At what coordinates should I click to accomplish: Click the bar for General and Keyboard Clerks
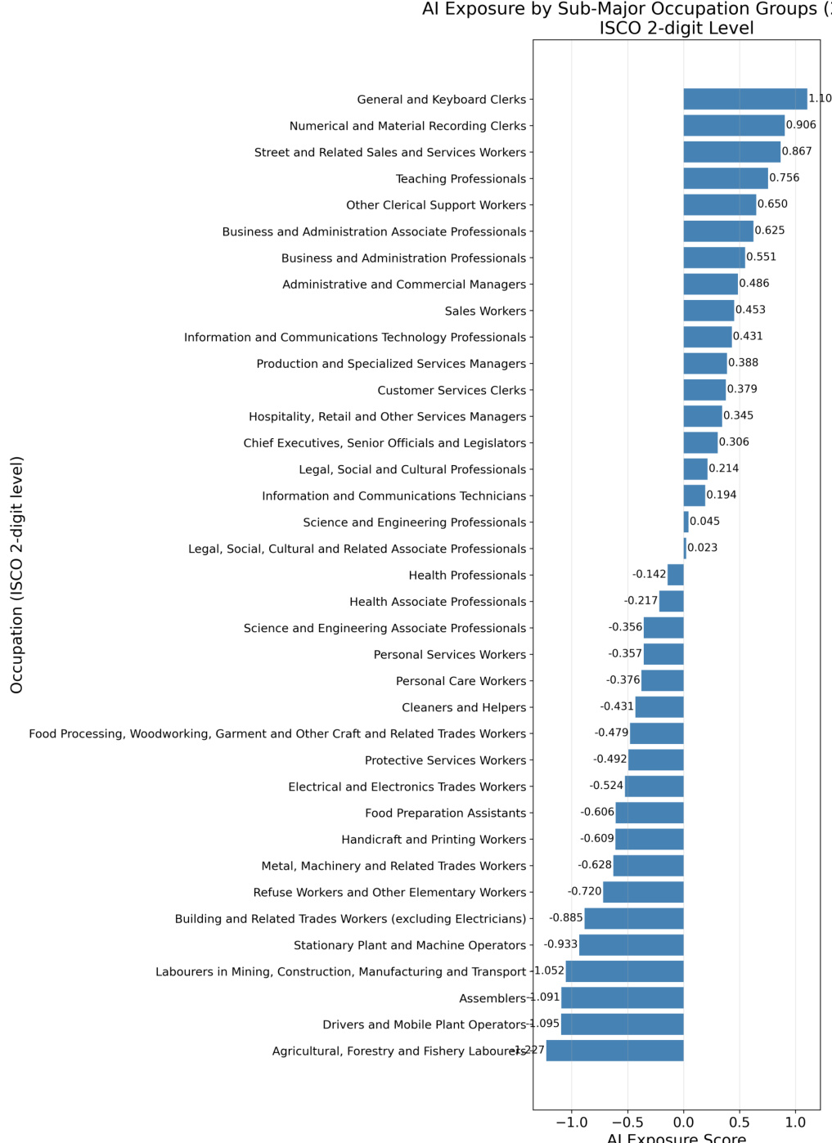click(x=744, y=99)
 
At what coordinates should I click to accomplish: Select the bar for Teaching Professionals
click(x=725, y=178)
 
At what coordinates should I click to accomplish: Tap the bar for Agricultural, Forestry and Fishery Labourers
click(x=614, y=1051)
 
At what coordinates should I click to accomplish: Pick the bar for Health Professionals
click(x=676, y=575)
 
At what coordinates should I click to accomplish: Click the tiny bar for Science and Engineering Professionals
click(x=686, y=522)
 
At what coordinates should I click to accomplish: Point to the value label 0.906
click(x=801, y=125)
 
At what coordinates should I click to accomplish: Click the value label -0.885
click(x=565, y=918)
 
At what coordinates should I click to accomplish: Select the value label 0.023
click(x=702, y=548)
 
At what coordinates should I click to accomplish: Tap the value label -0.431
click(x=617, y=706)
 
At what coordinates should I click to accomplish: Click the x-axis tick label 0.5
click(x=740, y=1123)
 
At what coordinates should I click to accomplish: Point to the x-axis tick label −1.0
click(x=571, y=1123)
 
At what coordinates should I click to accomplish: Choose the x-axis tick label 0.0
click(x=684, y=1123)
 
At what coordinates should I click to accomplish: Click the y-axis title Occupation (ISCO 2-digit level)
click(x=16, y=575)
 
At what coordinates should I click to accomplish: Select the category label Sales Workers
click(x=485, y=311)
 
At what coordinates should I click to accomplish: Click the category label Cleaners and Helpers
click(x=464, y=707)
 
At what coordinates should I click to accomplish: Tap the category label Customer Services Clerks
click(x=452, y=390)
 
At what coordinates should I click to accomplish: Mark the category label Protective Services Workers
click(x=445, y=760)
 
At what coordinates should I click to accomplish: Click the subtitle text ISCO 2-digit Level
click(x=677, y=28)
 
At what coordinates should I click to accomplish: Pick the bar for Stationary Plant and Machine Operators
click(x=631, y=945)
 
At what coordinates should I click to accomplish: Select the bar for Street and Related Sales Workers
click(x=731, y=152)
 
